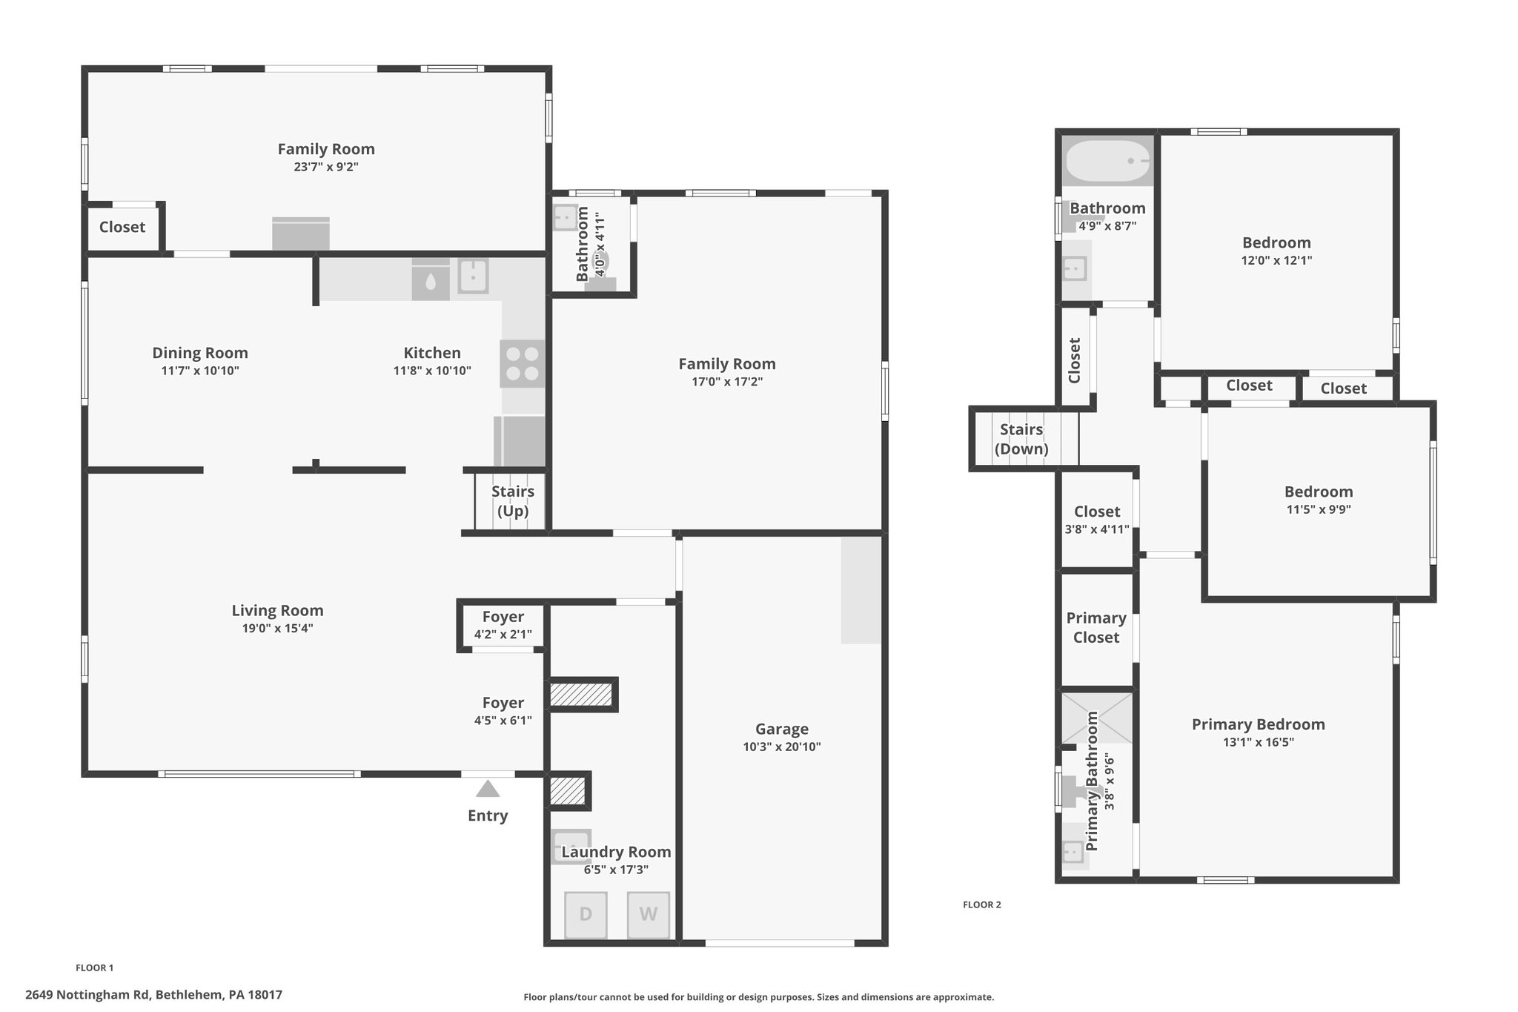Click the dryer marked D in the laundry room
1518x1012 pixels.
(586, 914)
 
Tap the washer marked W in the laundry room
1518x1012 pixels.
(649, 914)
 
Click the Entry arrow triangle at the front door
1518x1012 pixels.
(488, 788)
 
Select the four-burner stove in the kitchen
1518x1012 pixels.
(522, 363)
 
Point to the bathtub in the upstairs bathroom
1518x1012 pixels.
(1107, 161)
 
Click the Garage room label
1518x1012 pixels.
(782, 730)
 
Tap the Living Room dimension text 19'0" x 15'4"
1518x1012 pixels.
(277, 629)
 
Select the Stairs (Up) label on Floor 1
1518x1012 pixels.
(513, 501)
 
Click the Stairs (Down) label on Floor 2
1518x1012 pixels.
(1021, 439)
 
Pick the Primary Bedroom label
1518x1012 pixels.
(1259, 724)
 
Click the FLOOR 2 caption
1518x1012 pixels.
(982, 904)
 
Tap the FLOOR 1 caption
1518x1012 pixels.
(95, 968)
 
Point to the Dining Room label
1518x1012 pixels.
(200, 353)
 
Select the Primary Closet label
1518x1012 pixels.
(1096, 627)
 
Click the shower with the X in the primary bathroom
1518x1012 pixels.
(1097, 718)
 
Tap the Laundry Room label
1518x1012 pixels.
(616, 853)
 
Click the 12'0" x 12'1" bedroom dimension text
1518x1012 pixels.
(1277, 260)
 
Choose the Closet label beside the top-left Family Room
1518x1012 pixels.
(122, 227)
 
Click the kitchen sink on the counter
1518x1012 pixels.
(473, 276)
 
